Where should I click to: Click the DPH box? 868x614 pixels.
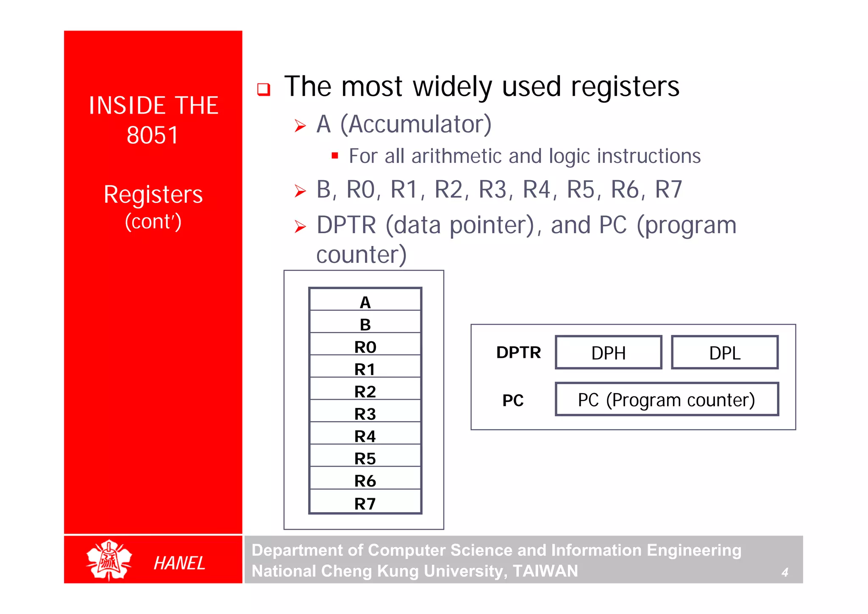pyautogui.click(x=608, y=352)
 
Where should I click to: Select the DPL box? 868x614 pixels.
pyautogui.click(x=725, y=352)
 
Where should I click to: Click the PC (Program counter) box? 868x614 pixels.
pyautogui.click(x=667, y=399)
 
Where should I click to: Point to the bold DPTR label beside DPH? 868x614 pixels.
pyautogui.click(x=518, y=352)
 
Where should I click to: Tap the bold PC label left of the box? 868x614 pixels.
pyautogui.click(x=513, y=400)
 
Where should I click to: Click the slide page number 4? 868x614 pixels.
pyautogui.click(x=785, y=572)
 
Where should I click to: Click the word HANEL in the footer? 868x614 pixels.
pyautogui.click(x=179, y=563)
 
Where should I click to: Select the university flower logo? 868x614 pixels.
pyautogui.click(x=109, y=560)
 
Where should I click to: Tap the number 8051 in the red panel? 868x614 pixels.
pyautogui.click(x=153, y=135)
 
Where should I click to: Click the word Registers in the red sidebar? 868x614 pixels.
pyautogui.click(x=153, y=195)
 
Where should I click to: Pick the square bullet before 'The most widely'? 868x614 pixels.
pyautogui.click(x=264, y=89)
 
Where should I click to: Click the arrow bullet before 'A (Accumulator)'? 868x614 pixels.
pyautogui.click(x=300, y=126)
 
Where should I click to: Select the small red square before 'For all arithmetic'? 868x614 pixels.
pyautogui.click(x=335, y=156)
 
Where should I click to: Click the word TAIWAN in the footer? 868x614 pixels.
pyautogui.click(x=545, y=571)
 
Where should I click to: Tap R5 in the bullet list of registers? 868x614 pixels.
pyautogui.click(x=581, y=189)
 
